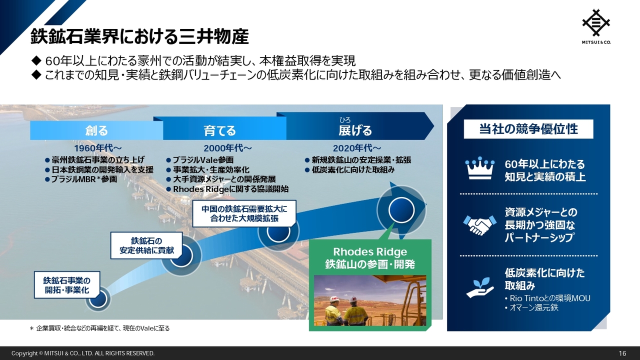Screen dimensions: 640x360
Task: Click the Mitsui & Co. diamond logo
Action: coord(596,23)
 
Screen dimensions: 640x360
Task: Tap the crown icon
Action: coord(479,168)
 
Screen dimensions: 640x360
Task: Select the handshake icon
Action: coord(479,225)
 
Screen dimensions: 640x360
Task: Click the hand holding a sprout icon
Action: coord(479,287)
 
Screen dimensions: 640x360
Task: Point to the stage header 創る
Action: coord(96,130)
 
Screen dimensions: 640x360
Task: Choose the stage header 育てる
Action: coord(219,130)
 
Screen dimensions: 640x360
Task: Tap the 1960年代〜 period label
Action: coord(98,148)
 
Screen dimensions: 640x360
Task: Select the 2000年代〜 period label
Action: coord(227,148)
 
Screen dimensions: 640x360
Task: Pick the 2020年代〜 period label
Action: coord(357,148)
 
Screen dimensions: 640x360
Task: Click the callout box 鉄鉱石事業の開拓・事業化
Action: coord(67,285)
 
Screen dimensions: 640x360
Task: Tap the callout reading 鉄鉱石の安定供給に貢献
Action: coord(146,245)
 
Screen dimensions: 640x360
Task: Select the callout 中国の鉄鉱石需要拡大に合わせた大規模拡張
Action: coord(244,213)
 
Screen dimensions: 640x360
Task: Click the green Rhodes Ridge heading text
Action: coord(370,258)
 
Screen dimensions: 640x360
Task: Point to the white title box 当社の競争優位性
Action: coord(528,129)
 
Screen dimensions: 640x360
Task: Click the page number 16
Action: coord(622,353)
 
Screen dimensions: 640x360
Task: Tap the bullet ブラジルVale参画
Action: coord(200,160)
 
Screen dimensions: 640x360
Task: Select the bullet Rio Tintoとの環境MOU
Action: coord(547,298)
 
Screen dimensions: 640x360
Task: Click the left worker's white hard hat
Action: coord(334,299)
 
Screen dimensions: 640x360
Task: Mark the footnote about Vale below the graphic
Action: coord(99,328)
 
